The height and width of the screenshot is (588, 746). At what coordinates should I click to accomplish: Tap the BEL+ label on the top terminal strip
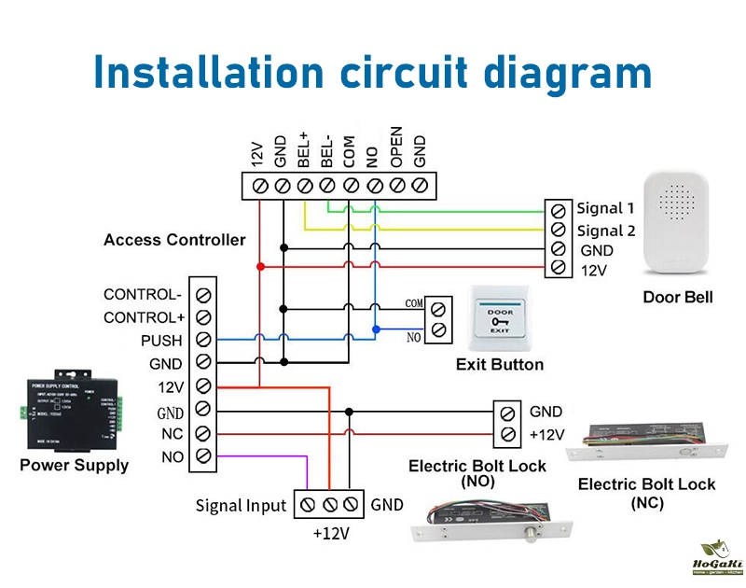tap(304, 149)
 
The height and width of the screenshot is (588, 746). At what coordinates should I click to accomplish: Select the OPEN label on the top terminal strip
tap(396, 147)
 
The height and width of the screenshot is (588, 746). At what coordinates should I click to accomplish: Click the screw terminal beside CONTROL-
tap(202, 294)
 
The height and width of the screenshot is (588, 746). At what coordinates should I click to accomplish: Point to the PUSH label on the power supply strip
tap(162, 341)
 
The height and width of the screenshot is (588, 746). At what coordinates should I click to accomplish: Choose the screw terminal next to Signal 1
tap(558, 208)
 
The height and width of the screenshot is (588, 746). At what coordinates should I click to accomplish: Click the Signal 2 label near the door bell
tap(606, 231)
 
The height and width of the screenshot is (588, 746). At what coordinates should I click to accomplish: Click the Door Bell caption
tap(678, 298)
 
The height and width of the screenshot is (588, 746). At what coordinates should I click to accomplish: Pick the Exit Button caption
tap(499, 364)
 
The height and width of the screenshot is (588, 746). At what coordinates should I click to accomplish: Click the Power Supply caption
tap(75, 465)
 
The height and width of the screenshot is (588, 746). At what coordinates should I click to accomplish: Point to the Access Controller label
tap(174, 240)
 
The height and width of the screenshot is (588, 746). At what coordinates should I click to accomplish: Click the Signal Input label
tap(241, 506)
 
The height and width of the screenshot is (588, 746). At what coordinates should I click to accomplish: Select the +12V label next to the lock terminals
tap(547, 435)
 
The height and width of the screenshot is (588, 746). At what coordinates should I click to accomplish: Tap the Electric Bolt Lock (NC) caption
tap(647, 493)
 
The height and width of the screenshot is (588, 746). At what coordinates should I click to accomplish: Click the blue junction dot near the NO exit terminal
tap(375, 329)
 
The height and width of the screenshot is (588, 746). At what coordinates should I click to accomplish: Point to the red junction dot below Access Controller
tap(260, 267)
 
